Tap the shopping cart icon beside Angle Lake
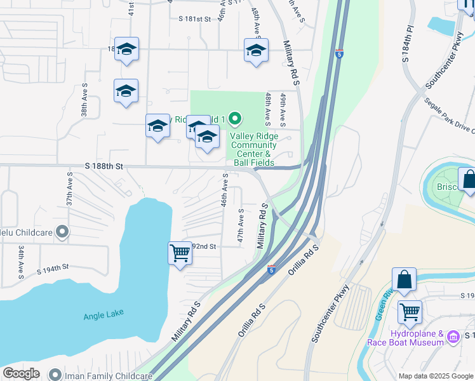(x=180, y=253)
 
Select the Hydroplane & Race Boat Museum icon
(x=453, y=335)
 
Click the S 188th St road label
(x=103, y=166)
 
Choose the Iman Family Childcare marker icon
(x=54, y=375)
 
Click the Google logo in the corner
(x=21, y=373)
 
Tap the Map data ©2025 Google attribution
(x=436, y=376)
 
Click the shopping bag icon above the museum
(x=404, y=280)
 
